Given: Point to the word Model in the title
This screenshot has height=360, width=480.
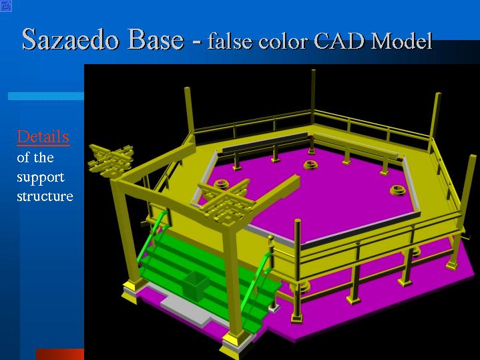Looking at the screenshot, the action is pos(401,41).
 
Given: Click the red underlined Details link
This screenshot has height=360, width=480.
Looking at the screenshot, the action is pos(43,137).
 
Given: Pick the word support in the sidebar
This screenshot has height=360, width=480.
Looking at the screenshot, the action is pos(41,178).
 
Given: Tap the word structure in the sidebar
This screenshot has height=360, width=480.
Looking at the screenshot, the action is pos(45,196).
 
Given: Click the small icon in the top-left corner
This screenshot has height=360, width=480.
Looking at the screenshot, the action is pos(6,6).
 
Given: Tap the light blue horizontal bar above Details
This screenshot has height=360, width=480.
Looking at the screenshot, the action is pos(46,96).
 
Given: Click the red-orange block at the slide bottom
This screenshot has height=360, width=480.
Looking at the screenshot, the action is pos(60,354).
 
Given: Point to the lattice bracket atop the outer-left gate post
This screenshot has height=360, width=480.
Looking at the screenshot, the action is pos(111,160).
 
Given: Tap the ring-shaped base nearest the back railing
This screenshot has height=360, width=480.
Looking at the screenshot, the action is pos(310,164).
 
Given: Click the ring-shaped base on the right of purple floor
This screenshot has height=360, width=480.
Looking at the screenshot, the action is pos(398,190).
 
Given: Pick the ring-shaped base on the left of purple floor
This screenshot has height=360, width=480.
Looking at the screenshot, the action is pos(221,184).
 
